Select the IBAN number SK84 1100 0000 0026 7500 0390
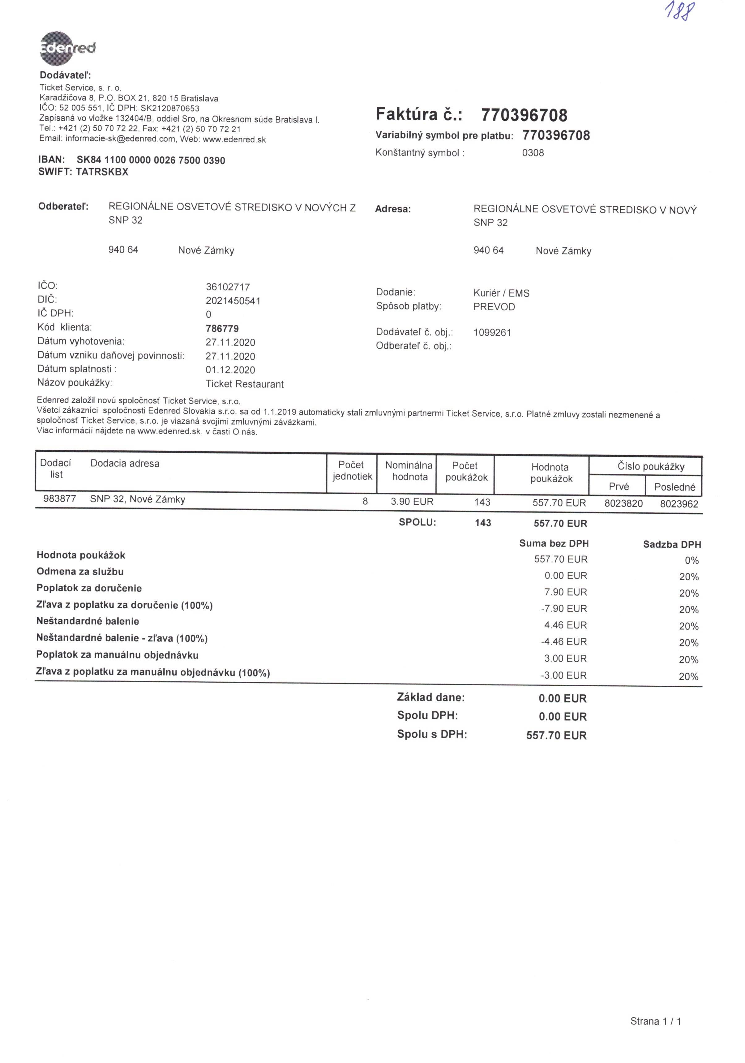[151, 160]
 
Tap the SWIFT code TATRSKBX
[102, 172]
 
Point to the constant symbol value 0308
[533, 153]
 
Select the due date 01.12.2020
[230, 370]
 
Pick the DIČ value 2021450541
[233, 301]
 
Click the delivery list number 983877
[60, 499]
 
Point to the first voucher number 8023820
[623, 503]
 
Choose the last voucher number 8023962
[679, 504]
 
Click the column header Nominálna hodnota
[409, 471]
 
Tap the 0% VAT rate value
[691, 561]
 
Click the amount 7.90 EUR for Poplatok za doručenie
[565, 592]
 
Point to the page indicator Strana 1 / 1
[655, 1021]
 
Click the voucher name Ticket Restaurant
[245, 384]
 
